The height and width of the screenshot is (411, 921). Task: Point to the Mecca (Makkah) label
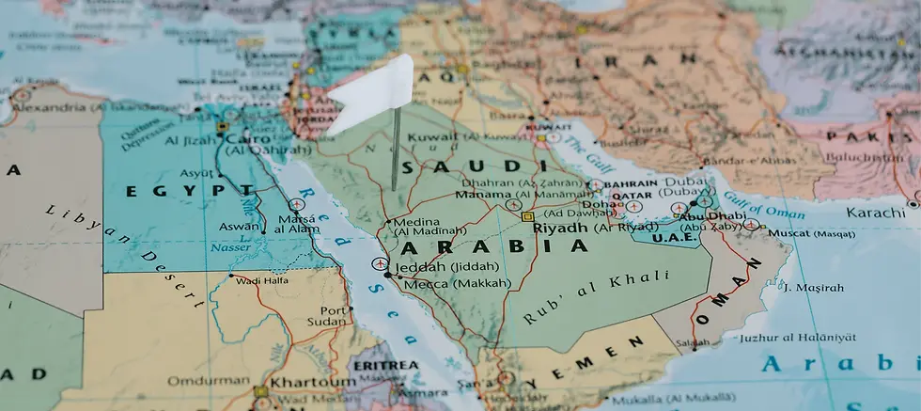pyautogui.click(x=458, y=282)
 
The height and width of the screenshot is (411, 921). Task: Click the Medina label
pyautogui.click(x=416, y=222)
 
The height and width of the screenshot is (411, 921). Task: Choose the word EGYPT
pyautogui.click(x=190, y=190)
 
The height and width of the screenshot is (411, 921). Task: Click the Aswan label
pyautogui.click(x=238, y=227)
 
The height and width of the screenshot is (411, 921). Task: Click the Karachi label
pyautogui.click(x=875, y=213)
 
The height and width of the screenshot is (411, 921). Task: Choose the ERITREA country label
pyautogui.click(x=384, y=365)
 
